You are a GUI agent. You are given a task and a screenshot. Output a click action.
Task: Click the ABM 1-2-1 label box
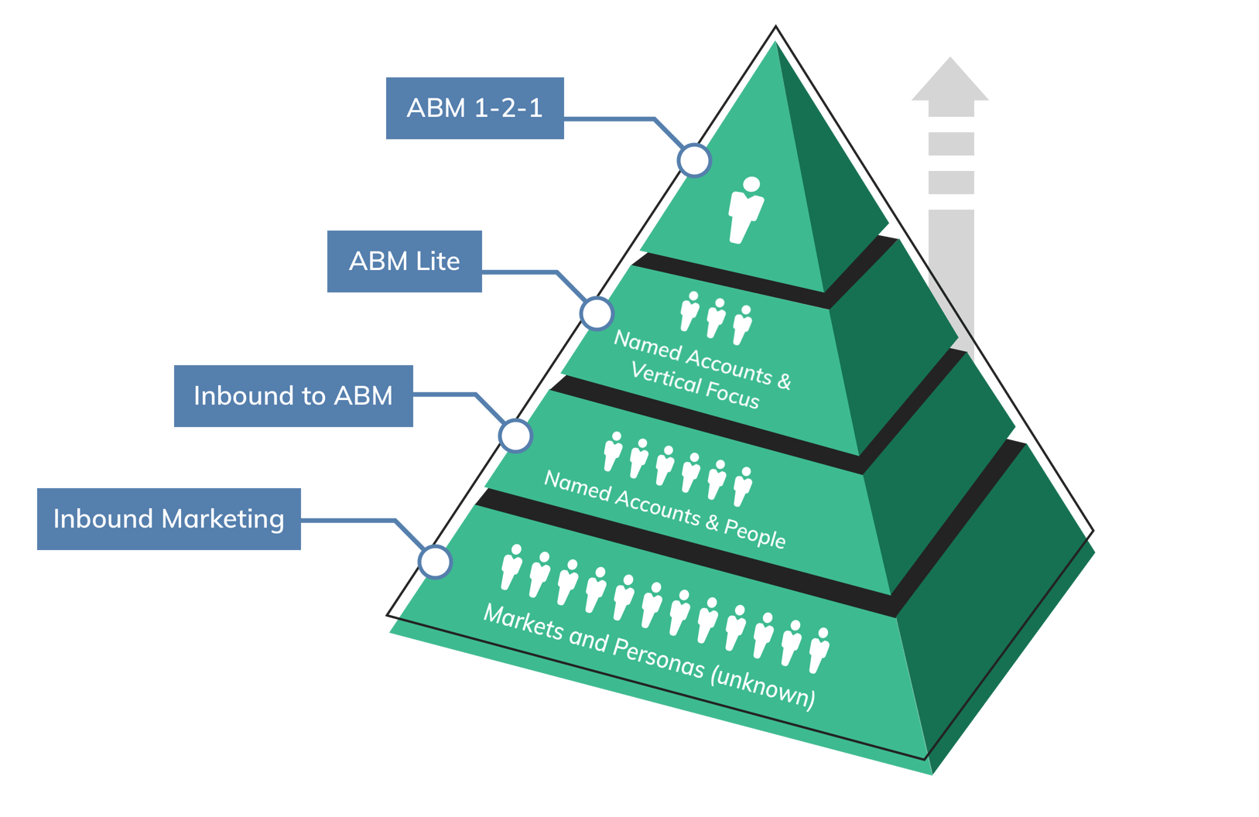tap(474, 108)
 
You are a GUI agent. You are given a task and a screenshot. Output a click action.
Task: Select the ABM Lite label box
tap(404, 262)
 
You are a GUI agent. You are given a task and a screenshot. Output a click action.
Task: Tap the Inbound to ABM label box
tap(293, 396)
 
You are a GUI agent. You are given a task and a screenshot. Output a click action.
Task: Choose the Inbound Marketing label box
tap(169, 519)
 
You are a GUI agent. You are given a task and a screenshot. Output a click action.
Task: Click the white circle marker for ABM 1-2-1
tap(694, 160)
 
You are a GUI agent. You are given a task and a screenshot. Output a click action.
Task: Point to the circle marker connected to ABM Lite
tap(597, 313)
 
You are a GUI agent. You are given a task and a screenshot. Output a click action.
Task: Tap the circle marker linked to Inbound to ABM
tap(515, 436)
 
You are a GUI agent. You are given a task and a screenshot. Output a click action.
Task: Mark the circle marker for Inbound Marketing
tap(435, 562)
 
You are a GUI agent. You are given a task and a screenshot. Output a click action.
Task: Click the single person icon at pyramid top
tap(745, 210)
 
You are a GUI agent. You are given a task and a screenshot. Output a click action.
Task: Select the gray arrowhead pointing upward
tap(950, 80)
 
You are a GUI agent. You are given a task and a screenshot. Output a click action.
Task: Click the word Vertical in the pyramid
tap(665, 378)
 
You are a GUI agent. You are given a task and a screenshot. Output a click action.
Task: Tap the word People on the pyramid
tap(754, 534)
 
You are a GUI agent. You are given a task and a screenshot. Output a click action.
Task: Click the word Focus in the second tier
tap(732, 395)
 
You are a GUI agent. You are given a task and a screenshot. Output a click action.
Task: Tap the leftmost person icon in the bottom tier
tap(511, 567)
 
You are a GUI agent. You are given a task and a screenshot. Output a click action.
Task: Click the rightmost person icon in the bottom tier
tap(819, 651)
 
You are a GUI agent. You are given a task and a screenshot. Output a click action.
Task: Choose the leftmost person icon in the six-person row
tap(612, 452)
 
